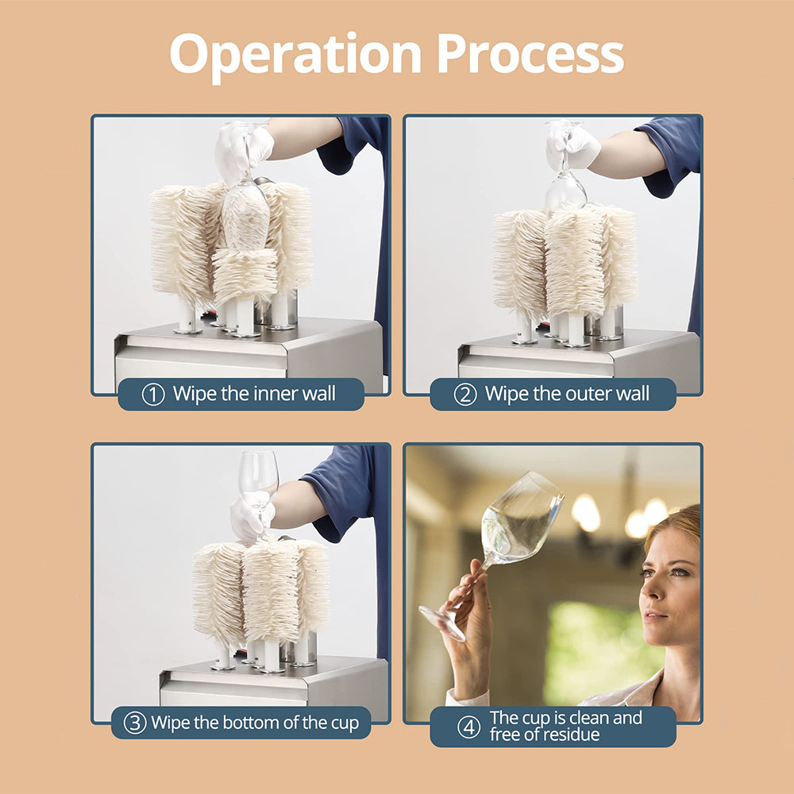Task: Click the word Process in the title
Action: (530, 54)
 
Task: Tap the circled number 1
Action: (153, 395)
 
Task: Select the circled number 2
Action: (464, 395)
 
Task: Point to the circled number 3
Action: (135, 723)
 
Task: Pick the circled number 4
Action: (469, 727)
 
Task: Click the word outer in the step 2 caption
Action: (589, 394)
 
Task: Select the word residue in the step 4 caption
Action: (571, 734)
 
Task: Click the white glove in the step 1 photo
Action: (243, 153)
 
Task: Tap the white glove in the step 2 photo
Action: (572, 146)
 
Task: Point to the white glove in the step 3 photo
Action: (252, 518)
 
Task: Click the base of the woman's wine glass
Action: (441, 624)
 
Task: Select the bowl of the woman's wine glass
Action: (522, 518)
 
